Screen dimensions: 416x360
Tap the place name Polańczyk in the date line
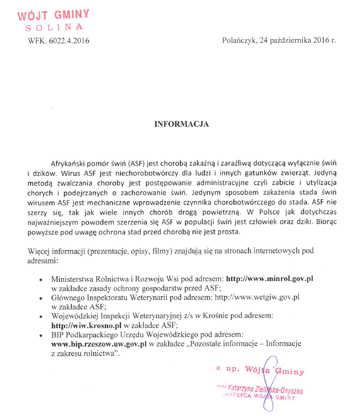tap(238, 40)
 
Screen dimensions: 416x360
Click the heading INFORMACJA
tap(182, 124)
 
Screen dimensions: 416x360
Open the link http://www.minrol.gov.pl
tap(269, 279)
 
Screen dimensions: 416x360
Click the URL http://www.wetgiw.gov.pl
tap(257, 297)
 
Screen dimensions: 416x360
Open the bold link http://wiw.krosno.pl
tap(86, 326)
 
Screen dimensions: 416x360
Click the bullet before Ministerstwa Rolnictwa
tap(41, 280)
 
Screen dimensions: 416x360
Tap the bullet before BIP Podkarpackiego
tap(41, 336)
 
